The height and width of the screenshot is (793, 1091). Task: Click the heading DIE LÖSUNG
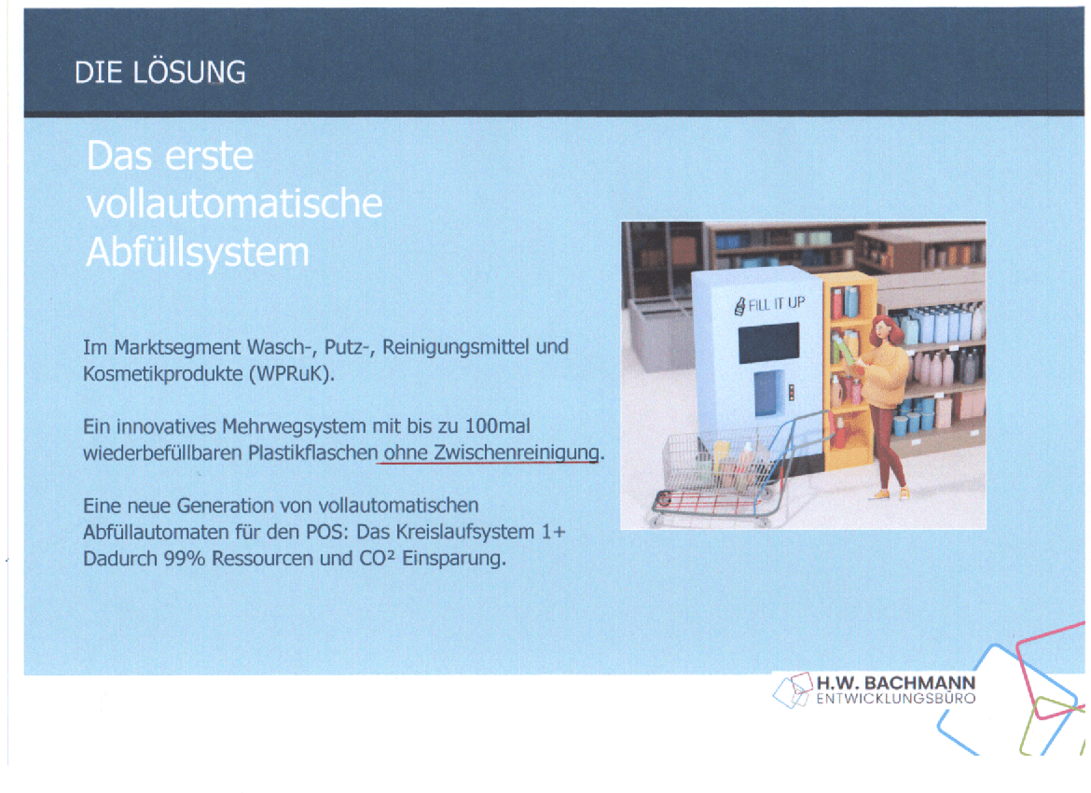coord(160,73)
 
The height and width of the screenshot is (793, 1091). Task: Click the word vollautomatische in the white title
coord(234,203)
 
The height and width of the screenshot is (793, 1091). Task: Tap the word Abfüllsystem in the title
coord(198,252)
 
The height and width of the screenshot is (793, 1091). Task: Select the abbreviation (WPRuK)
coord(292,374)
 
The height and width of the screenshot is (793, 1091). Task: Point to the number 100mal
coord(497,425)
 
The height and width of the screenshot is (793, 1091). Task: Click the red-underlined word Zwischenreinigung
coord(517,452)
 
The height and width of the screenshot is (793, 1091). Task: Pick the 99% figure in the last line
coord(185,559)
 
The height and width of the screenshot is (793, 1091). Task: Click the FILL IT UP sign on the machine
coord(770,305)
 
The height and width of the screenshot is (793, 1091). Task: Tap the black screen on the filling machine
coord(768,342)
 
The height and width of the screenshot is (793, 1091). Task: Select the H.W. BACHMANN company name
coord(895,683)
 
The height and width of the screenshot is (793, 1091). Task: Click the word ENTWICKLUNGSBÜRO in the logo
coord(895,699)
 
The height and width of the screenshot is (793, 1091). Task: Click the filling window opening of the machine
coord(768,393)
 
